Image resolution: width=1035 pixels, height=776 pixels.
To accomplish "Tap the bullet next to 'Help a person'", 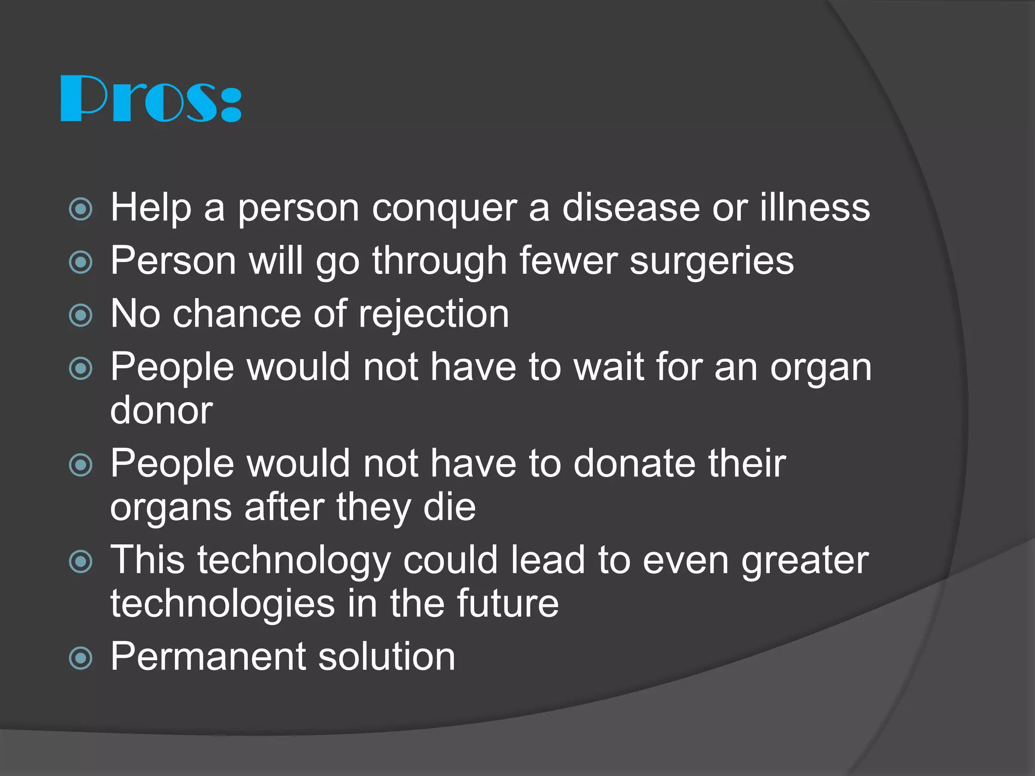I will point(81,209).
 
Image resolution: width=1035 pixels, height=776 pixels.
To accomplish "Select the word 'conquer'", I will point(444,208).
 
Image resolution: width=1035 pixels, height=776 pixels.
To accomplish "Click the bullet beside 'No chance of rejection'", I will point(81,315).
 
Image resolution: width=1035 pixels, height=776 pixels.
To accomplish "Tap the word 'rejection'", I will point(434,315).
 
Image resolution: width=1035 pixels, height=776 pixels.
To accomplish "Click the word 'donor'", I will point(161,410).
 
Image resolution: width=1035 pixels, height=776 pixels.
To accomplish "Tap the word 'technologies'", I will point(223,604).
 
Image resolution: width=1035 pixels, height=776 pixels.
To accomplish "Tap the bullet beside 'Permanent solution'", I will point(81,658).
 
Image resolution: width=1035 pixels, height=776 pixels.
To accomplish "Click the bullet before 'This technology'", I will point(81,562).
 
